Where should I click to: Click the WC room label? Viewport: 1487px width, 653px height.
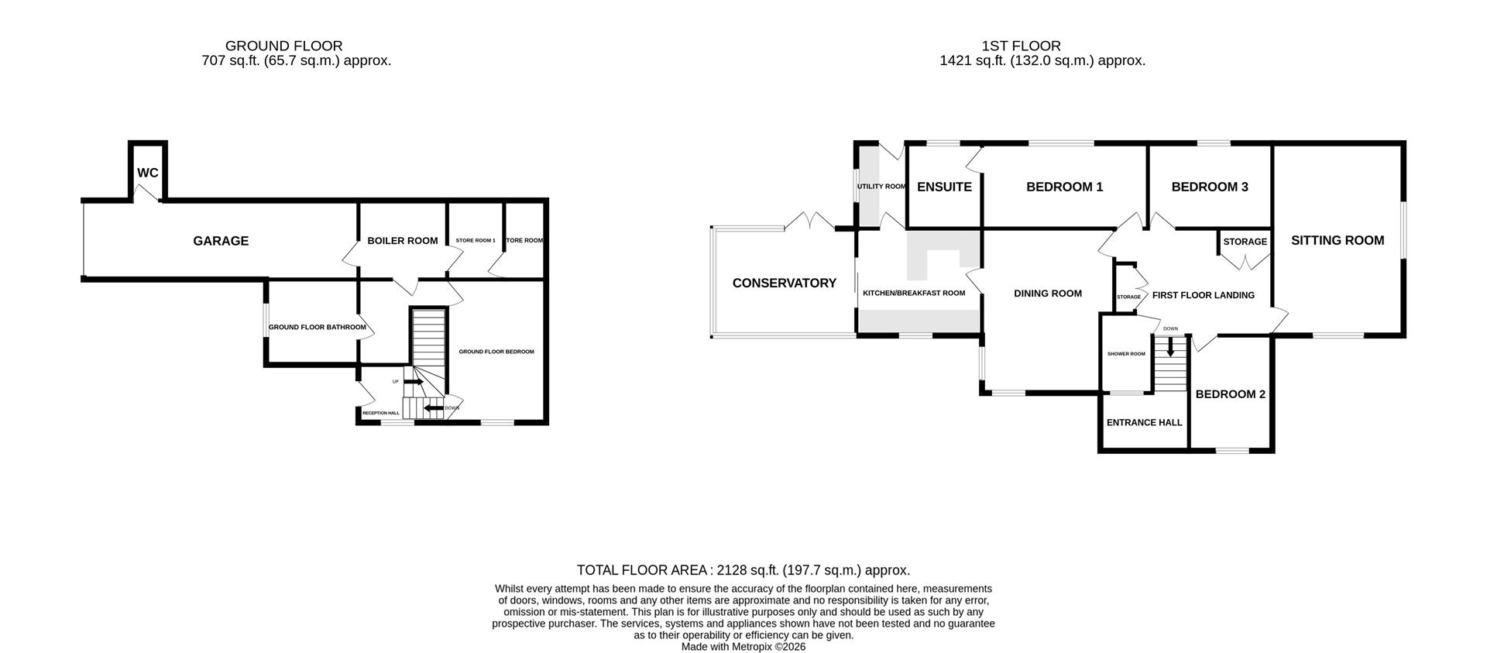pos(148,173)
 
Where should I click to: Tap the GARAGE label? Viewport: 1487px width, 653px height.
pos(221,241)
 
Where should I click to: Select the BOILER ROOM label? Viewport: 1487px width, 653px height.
pos(402,241)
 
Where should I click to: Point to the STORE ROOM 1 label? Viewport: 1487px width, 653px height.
pos(475,241)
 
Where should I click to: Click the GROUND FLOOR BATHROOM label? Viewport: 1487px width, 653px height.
pos(317,328)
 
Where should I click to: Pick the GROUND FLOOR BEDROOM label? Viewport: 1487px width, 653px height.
pos(496,352)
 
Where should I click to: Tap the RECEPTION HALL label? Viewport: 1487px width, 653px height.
pos(380,414)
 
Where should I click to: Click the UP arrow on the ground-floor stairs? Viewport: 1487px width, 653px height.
pos(414,382)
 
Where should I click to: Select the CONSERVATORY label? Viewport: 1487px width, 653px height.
pos(784,284)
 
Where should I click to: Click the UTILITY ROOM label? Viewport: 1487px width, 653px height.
pos(881,187)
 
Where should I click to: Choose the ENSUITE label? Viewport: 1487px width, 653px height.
pos(944,187)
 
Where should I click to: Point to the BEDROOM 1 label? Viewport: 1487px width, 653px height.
pos(1064,187)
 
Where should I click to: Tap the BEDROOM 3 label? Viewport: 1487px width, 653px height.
pos(1209,187)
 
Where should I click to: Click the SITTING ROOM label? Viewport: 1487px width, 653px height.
pos(1337,241)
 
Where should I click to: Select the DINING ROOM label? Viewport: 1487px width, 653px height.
pos(1047,294)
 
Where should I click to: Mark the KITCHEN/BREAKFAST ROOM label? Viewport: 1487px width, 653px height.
pos(914,294)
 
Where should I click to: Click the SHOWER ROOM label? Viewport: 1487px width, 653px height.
pos(1125,354)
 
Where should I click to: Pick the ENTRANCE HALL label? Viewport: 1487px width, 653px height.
pos(1144,423)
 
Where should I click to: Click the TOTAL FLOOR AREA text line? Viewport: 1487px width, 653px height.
pos(743,570)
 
